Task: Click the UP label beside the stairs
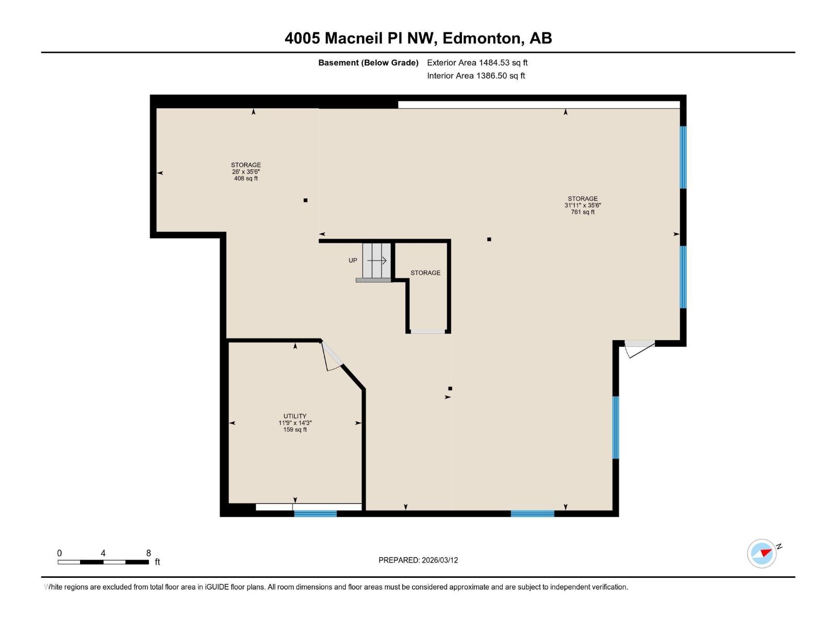tap(353, 260)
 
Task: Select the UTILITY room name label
tap(295, 416)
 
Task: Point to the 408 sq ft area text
tap(246, 178)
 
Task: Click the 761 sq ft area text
tap(583, 212)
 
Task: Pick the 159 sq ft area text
tap(295, 430)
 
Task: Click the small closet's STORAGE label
tap(425, 273)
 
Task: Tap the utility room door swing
tap(331, 358)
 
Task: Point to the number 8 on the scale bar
tap(149, 553)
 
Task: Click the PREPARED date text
tap(418, 560)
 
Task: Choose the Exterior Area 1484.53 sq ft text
tap(477, 63)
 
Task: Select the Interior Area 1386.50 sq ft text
tap(476, 76)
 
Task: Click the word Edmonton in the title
tap(482, 38)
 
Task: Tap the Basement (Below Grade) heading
tap(368, 63)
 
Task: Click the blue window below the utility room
tap(315, 514)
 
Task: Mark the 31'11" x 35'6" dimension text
tap(583, 205)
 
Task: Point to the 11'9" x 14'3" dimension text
tap(295, 423)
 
